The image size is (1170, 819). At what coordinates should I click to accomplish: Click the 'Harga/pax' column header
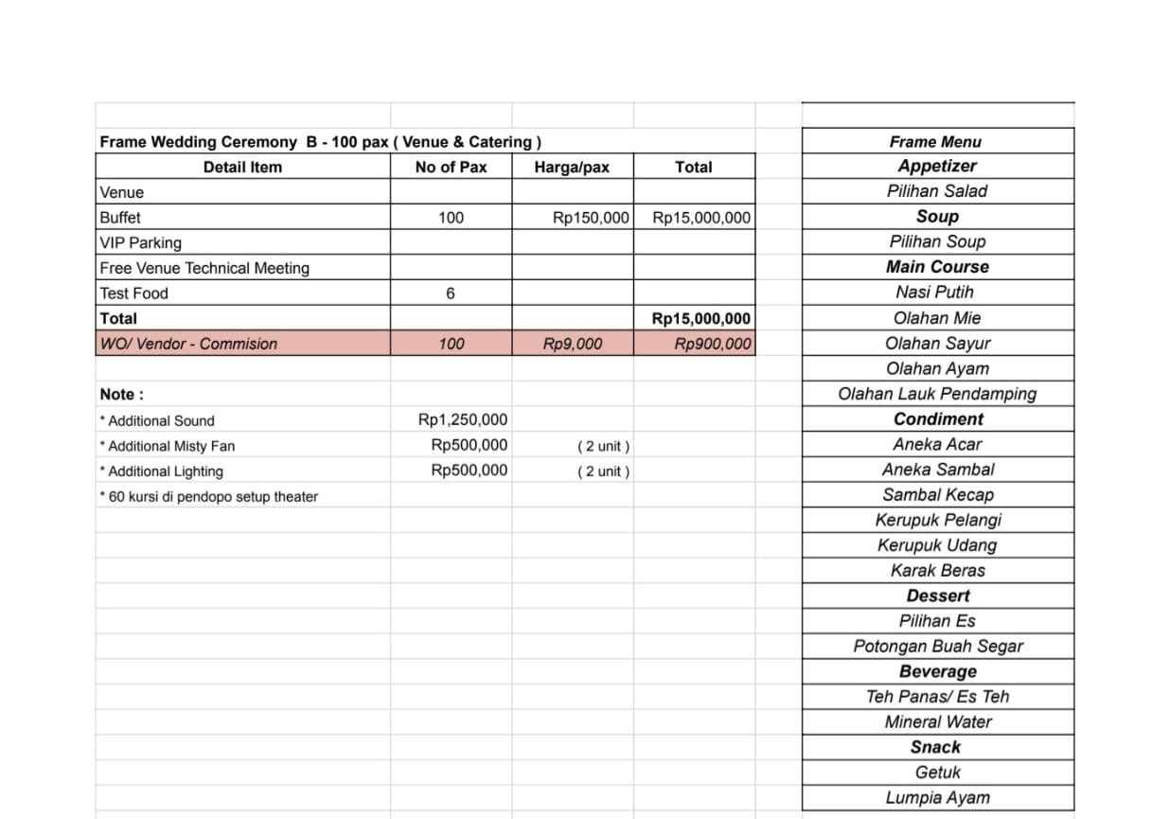[572, 168]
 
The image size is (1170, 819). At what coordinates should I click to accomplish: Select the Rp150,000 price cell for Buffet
[591, 218]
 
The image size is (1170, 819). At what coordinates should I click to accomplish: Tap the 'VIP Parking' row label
[140, 243]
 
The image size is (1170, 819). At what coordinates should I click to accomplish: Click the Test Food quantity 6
[451, 294]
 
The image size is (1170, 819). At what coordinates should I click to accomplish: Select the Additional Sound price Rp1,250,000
[463, 420]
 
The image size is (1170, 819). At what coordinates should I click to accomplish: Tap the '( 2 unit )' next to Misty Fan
[603, 446]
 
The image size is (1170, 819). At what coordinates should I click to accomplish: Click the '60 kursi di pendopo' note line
[209, 497]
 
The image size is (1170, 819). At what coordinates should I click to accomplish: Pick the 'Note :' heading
[122, 395]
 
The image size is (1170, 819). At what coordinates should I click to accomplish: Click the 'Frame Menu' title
[935, 142]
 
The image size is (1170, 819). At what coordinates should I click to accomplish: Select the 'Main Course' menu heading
[937, 267]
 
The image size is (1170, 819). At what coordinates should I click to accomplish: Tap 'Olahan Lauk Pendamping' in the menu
[937, 394]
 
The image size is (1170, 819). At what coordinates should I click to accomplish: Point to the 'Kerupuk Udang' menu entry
[937, 545]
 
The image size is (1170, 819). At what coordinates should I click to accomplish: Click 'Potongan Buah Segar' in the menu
[937, 647]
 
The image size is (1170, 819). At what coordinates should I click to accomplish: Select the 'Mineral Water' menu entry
[937, 722]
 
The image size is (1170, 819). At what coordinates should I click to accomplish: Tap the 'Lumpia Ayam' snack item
[937, 798]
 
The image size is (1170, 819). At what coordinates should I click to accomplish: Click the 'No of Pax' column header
[451, 168]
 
